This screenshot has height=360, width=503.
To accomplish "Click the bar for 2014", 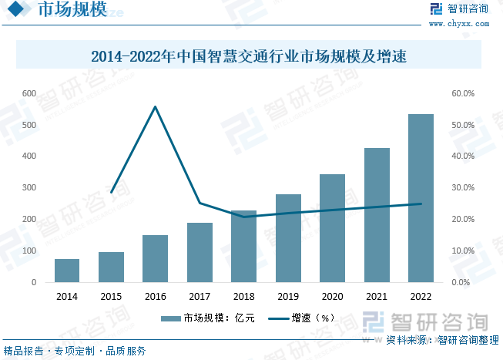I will pos(67,271).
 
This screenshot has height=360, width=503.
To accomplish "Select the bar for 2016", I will pos(155,258).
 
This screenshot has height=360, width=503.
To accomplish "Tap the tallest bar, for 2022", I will pos(421,198).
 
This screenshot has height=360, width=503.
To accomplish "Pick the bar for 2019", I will pos(288,238).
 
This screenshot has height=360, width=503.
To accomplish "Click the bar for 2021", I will pos(377,215).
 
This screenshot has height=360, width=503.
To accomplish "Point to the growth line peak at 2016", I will pos(155,106).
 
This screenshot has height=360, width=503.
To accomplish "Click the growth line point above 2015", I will pos(111,192).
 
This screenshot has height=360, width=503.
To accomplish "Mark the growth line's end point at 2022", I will pos(421,204).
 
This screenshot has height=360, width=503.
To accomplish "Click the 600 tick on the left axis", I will pos(29,93).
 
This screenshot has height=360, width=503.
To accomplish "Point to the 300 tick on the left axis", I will pos(29,188).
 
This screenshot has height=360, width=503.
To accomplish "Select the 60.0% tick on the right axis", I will pos(462,93).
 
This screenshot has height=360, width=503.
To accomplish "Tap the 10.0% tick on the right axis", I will pos(462,251).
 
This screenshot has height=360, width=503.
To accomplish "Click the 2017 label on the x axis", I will pos(200,296).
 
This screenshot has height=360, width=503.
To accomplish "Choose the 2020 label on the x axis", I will pos(332,296).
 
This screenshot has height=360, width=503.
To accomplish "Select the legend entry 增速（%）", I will pos(303,318).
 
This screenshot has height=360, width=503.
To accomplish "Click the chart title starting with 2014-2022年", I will pos(248,56).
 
